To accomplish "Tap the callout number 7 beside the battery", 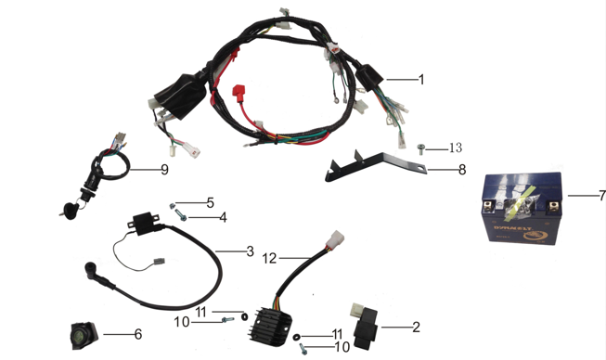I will [601, 197].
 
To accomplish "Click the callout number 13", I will [455, 148].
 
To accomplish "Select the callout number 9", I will [164, 171].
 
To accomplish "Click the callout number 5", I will [210, 202].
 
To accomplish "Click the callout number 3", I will [250, 251].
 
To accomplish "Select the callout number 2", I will [416, 327].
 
